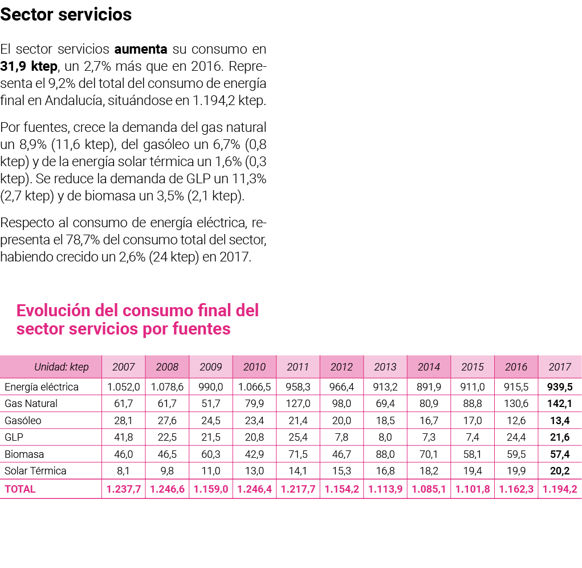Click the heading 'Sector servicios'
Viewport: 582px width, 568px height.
(x=66, y=15)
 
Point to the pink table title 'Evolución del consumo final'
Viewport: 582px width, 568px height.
(x=137, y=311)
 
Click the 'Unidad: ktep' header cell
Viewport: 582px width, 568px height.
(x=62, y=366)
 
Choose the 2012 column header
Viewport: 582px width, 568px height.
(x=341, y=366)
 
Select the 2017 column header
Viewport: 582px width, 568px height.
(x=559, y=366)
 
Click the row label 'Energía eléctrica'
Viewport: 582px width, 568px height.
(x=42, y=387)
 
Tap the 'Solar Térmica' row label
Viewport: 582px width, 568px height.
(x=35, y=471)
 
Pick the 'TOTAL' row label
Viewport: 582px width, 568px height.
(x=20, y=489)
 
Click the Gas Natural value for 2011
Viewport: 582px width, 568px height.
(x=298, y=404)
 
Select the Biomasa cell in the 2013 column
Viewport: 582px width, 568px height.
(x=385, y=454)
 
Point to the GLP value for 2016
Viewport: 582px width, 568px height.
(x=516, y=437)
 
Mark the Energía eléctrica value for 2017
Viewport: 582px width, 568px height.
(x=559, y=387)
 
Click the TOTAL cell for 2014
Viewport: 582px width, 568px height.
(x=429, y=489)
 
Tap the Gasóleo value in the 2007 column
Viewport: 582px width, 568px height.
(x=124, y=421)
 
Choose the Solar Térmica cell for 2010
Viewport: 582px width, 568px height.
(x=254, y=471)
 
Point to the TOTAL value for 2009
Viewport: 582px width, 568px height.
(x=211, y=489)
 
